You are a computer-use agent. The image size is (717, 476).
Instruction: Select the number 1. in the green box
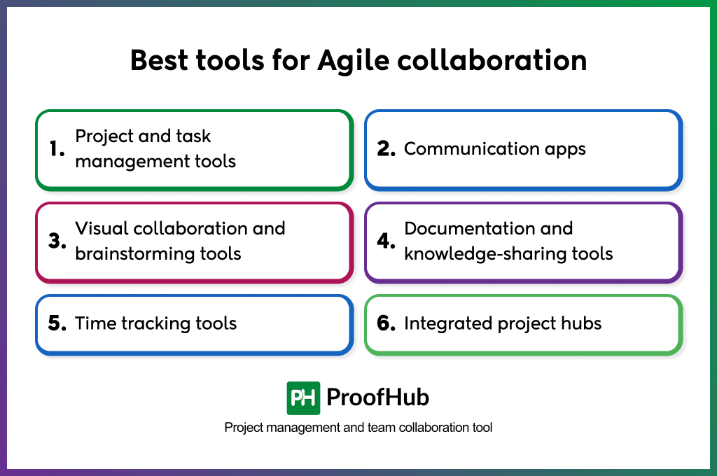pyautogui.click(x=57, y=149)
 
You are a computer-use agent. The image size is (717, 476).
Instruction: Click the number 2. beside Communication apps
pyautogui.click(x=387, y=149)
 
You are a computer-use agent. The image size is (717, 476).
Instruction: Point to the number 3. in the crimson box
pyautogui.click(x=57, y=241)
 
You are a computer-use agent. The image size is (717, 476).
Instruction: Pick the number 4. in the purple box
pyautogui.click(x=387, y=241)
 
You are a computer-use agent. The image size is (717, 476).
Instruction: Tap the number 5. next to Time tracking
pyautogui.click(x=57, y=323)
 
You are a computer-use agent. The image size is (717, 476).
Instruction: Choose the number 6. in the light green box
pyautogui.click(x=387, y=323)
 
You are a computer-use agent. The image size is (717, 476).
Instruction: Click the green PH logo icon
pyautogui.click(x=303, y=398)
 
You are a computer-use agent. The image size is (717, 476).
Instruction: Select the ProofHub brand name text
pyautogui.click(x=377, y=398)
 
